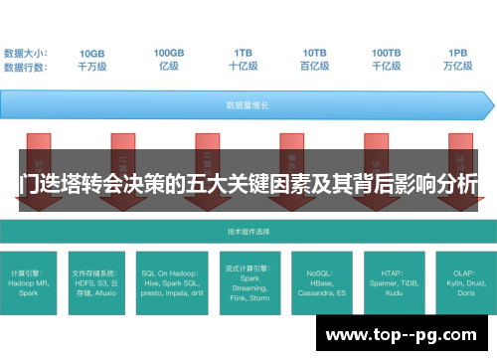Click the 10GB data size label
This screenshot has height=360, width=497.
pyautogui.click(x=92, y=53)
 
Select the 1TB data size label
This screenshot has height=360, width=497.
pyautogui.click(x=243, y=53)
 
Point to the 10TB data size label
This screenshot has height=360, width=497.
pyautogui.click(x=314, y=53)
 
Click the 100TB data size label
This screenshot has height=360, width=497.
pyautogui.click(x=387, y=53)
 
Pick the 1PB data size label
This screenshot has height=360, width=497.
pyautogui.click(x=458, y=53)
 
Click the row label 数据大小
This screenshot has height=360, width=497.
pyautogui.click(x=26, y=53)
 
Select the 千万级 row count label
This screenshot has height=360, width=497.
pyautogui.click(x=92, y=67)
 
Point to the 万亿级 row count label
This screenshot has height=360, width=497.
pyautogui.click(x=458, y=67)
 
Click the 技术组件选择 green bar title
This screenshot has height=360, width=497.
pyautogui.click(x=248, y=231)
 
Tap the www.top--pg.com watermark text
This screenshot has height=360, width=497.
pyautogui.click(x=403, y=335)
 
